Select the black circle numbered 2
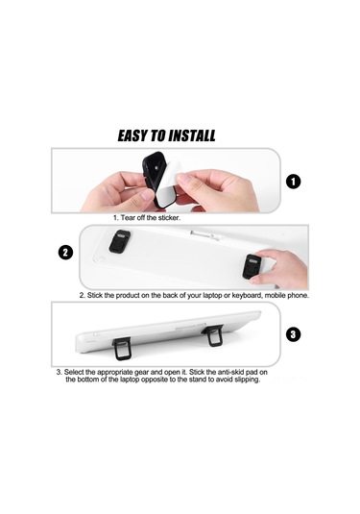65,253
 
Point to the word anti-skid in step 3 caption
236,371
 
